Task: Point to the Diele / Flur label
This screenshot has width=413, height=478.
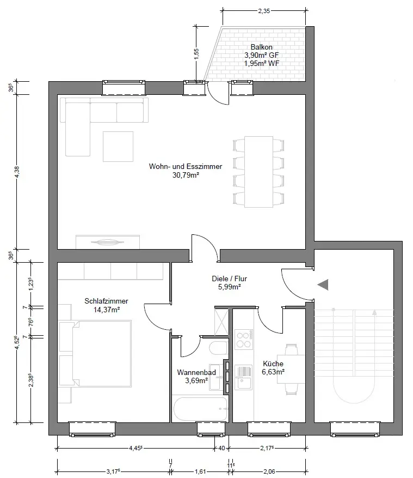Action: [226, 279]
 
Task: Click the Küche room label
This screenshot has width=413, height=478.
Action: [273, 364]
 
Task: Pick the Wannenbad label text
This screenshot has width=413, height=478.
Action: [196, 373]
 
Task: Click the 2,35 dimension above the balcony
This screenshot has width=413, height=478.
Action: [264, 11]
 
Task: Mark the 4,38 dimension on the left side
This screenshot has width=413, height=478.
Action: [17, 172]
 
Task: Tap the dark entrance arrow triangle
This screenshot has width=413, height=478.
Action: [323, 284]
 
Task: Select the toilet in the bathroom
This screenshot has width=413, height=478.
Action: [218, 349]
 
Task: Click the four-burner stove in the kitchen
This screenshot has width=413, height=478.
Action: [243, 340]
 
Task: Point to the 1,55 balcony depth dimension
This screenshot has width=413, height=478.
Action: [196, 53]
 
